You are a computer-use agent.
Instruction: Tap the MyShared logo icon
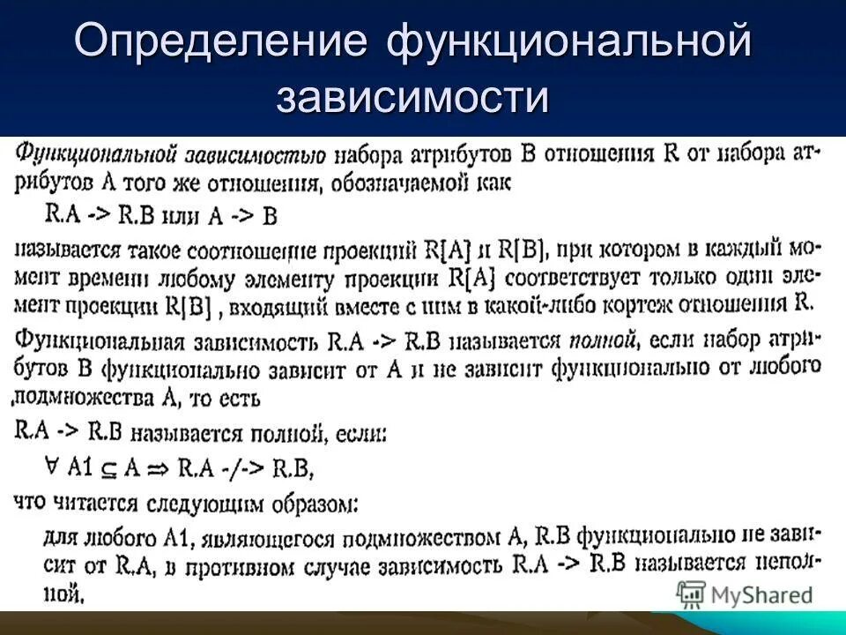tap(690, 594)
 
